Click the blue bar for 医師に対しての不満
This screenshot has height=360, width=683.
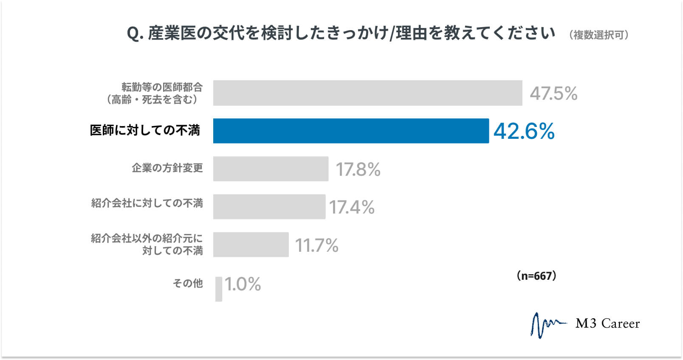pyautogui.click(x=351, y=131)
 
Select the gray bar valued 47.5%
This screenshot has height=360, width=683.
pyautogui.click(x=367, y=93)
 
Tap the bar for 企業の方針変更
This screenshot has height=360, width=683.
pyautogui.click(x=271, y=169)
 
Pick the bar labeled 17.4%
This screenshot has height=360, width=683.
pyautogui.click(x=269, y=207)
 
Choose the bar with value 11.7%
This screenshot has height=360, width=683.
pyautogui.click(x=251, y=245)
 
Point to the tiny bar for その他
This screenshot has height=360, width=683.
pyautogui.click(x=219, y=289)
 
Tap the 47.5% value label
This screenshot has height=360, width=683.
pyautogui.click(x=553, y=93)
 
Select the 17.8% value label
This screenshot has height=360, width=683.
pyautogui.click(x=358, y=169)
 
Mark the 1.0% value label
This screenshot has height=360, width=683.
pyautogui.click(x=243, y=284)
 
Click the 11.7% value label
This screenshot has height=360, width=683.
pyautogui.click(x=316, y=245)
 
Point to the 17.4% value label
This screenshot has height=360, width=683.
pyautogui.click(x=352, y=207)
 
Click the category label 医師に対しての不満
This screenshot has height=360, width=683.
pyautogui.click(x=145, y=130)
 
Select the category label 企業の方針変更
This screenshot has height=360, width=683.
pyautogui.click(x=167, y=168)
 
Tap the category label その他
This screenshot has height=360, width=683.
pyautogui.click(x=188, y=283)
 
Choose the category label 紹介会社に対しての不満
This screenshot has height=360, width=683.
pyautogui.click(x=147, y=203)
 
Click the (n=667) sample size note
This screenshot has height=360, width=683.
pyautogui.click(x=536, y=276)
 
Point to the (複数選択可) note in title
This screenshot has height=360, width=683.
pyautogui.click(x=599, y=35)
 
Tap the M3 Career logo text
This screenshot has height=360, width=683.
pyautogui.click(x=607, y=324)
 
